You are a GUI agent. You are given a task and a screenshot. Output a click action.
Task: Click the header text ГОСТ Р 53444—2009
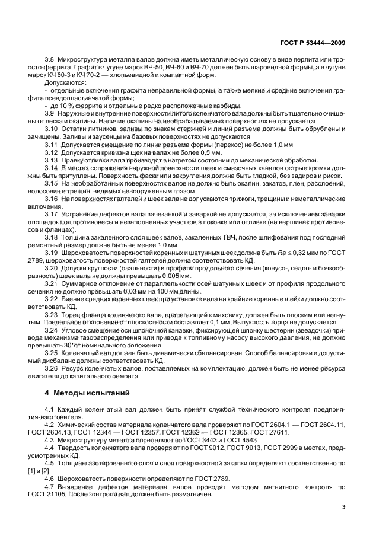tap(313, 42)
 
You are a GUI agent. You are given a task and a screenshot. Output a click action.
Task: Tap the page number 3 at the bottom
tap(343, 506)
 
